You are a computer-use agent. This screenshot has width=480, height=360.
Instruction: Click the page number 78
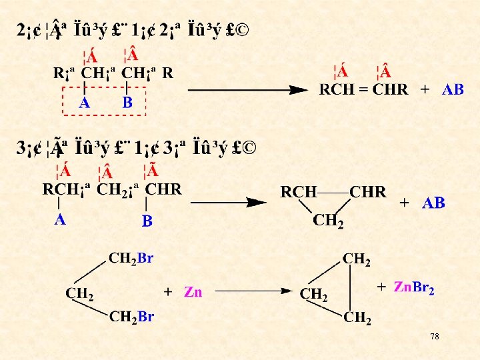434,337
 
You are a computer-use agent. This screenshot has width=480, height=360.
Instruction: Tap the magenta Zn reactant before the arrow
193,292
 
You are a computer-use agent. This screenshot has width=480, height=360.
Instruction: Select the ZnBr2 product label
414,287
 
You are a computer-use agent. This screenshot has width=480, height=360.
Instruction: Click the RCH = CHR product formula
363,90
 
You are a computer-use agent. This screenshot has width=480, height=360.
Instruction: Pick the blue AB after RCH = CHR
453,90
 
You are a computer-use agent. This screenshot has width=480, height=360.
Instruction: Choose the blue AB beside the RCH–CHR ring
433,203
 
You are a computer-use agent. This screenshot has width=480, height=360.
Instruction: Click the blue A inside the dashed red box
85,103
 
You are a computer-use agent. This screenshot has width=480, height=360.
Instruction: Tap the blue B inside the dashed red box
127,103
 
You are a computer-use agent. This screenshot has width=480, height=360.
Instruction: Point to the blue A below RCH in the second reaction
60,220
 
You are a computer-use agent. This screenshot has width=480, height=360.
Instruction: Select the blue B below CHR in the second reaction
147,221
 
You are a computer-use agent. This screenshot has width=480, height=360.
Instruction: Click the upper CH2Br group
131,258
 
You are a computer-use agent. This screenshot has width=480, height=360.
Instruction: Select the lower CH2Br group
131,316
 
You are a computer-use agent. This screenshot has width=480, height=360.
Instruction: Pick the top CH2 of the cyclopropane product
357,259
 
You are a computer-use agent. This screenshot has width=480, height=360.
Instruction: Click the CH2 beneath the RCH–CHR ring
329,221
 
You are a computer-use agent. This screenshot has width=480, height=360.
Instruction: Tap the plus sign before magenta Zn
168,292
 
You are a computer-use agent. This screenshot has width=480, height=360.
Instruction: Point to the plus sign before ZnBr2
381,287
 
